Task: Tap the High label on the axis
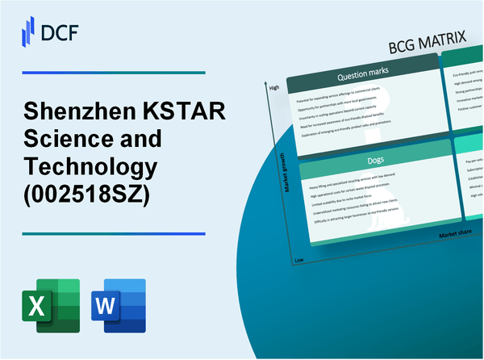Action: point(274,87)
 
